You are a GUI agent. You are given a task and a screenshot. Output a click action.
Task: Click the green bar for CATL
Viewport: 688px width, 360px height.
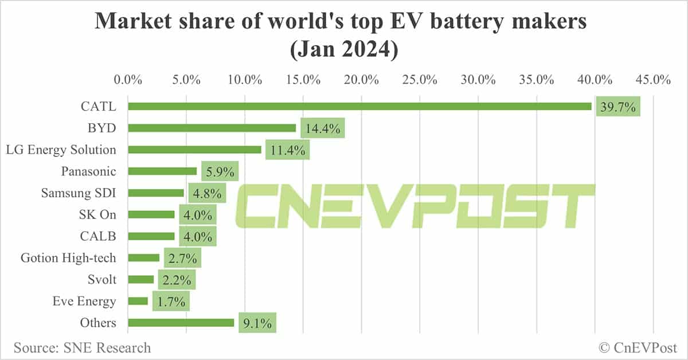coord(359,106)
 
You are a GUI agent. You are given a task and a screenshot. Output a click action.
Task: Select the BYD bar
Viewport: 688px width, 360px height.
coord(212,128)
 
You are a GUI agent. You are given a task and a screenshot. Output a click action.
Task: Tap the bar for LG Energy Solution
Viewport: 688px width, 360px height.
coord(194,150)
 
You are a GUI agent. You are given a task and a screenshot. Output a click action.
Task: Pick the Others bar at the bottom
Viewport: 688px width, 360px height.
coord(181,323)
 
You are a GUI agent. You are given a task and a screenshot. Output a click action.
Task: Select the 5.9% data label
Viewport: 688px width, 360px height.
coord(220,172)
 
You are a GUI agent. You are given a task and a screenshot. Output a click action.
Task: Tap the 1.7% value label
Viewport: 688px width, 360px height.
coord(171,302)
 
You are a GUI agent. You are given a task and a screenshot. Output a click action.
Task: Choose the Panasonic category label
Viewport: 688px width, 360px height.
coord(88,171)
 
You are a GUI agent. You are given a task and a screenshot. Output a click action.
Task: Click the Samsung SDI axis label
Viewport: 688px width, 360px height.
coord(78,193)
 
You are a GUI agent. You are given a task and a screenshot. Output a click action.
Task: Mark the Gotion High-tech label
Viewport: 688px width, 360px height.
coord(68,258)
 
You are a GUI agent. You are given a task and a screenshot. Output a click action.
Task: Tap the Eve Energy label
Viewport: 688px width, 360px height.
coord(84,302)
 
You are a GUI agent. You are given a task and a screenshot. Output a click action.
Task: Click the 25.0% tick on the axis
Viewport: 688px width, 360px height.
coord(420,80)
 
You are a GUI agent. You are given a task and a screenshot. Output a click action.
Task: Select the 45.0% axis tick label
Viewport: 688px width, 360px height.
coord(654,80)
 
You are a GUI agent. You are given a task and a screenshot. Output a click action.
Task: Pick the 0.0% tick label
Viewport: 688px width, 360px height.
coord(128,80)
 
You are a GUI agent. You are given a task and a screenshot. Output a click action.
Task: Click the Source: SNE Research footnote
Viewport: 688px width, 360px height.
coord(82,347)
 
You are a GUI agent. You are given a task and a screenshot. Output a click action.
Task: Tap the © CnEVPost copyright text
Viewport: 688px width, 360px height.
coord(638,347)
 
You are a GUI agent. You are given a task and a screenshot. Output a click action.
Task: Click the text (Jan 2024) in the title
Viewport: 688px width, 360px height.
coord(344,50)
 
